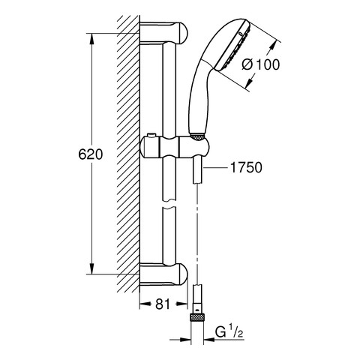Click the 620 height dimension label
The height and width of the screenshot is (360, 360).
90,154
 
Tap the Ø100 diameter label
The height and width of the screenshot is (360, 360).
261,64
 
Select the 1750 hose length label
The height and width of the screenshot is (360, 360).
246,167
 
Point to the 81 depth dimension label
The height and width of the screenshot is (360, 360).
163,304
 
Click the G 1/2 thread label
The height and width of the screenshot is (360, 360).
229,332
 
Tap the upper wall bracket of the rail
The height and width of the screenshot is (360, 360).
163,32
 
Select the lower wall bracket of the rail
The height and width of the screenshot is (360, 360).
163,274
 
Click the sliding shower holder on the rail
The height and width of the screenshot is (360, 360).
175,148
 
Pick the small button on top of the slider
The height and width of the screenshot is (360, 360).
151,135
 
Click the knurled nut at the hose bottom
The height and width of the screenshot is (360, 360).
197,318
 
